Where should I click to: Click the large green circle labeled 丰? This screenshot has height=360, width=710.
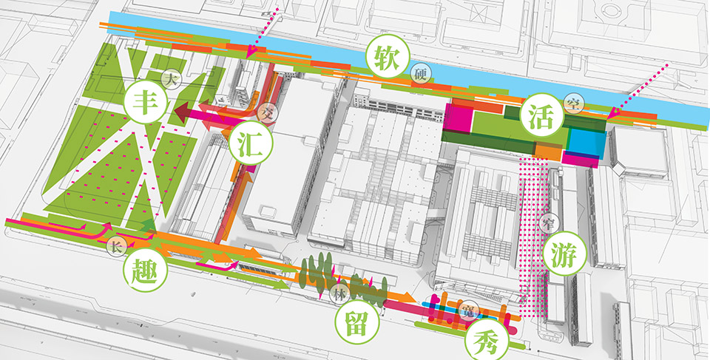click(x=145, y=103)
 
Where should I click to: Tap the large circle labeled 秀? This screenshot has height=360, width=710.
click(x=485, y=341)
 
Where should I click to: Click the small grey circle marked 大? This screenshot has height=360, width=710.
click(x=171, y=76)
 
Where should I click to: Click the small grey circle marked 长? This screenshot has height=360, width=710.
click(x=116, y=246)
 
